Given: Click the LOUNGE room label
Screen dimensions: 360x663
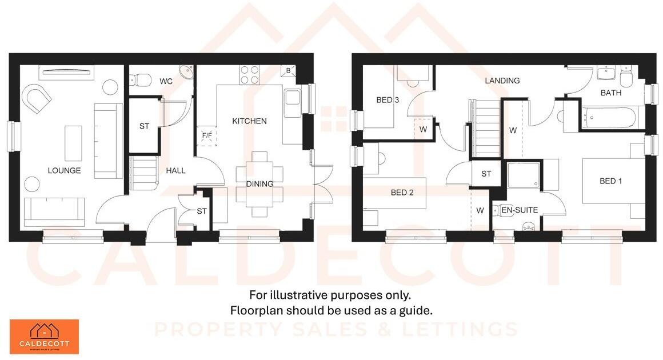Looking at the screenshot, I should pos(64,170).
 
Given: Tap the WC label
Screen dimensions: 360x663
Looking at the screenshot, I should pos(166,81).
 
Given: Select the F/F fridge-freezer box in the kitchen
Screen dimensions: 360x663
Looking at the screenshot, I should pos(206,135).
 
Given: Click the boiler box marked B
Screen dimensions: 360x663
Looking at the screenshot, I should pos(288,71).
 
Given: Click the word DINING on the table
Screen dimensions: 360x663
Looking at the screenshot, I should pos(259,184).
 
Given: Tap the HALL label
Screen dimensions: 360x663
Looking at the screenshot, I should pos(175,170).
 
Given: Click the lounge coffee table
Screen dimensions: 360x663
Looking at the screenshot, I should pos(73,143).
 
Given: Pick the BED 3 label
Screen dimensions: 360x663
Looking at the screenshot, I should pos(388,100).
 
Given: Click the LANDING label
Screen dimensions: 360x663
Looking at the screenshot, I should pos(502,81).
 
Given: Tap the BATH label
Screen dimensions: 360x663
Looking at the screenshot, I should pos(611,93).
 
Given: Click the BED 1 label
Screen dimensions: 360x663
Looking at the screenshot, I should pos(610,181).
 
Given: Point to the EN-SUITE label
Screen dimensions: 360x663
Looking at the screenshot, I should pos(519,210).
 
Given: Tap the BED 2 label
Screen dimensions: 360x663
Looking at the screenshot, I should pos(402,193).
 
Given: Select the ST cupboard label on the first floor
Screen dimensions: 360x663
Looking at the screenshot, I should pos(486,174).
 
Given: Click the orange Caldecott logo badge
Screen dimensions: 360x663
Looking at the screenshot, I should pos(44,337).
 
